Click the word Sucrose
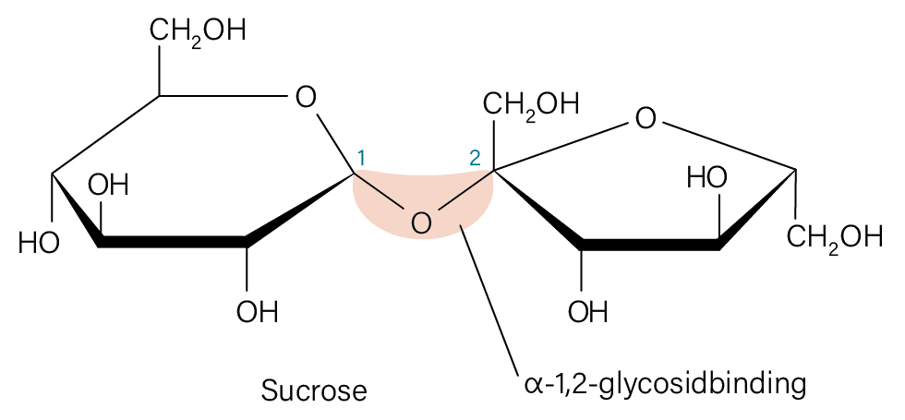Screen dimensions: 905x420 pos(314,390)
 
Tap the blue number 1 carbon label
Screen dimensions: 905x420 pos(361,158)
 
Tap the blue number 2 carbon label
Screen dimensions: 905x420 pos(475,158)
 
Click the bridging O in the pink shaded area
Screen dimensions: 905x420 pos(421,222)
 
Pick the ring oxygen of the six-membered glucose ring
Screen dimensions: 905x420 pos(306,98)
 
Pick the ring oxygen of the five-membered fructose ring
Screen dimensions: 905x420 pos(646,119)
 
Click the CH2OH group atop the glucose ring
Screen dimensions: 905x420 pos(198,31)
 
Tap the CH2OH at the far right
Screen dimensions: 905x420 pos(835,238)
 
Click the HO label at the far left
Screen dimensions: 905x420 pos(39,244)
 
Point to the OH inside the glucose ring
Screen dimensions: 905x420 pos(108,186)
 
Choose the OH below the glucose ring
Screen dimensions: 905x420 pos(258,312)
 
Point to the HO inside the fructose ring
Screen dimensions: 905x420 pos(707,178)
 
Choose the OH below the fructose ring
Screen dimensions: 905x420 pos(588,312)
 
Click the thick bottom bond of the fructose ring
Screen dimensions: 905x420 pos(650,244)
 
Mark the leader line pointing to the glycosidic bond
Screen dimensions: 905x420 pos(489,297)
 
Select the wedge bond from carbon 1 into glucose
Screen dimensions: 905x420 pos(301,209)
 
